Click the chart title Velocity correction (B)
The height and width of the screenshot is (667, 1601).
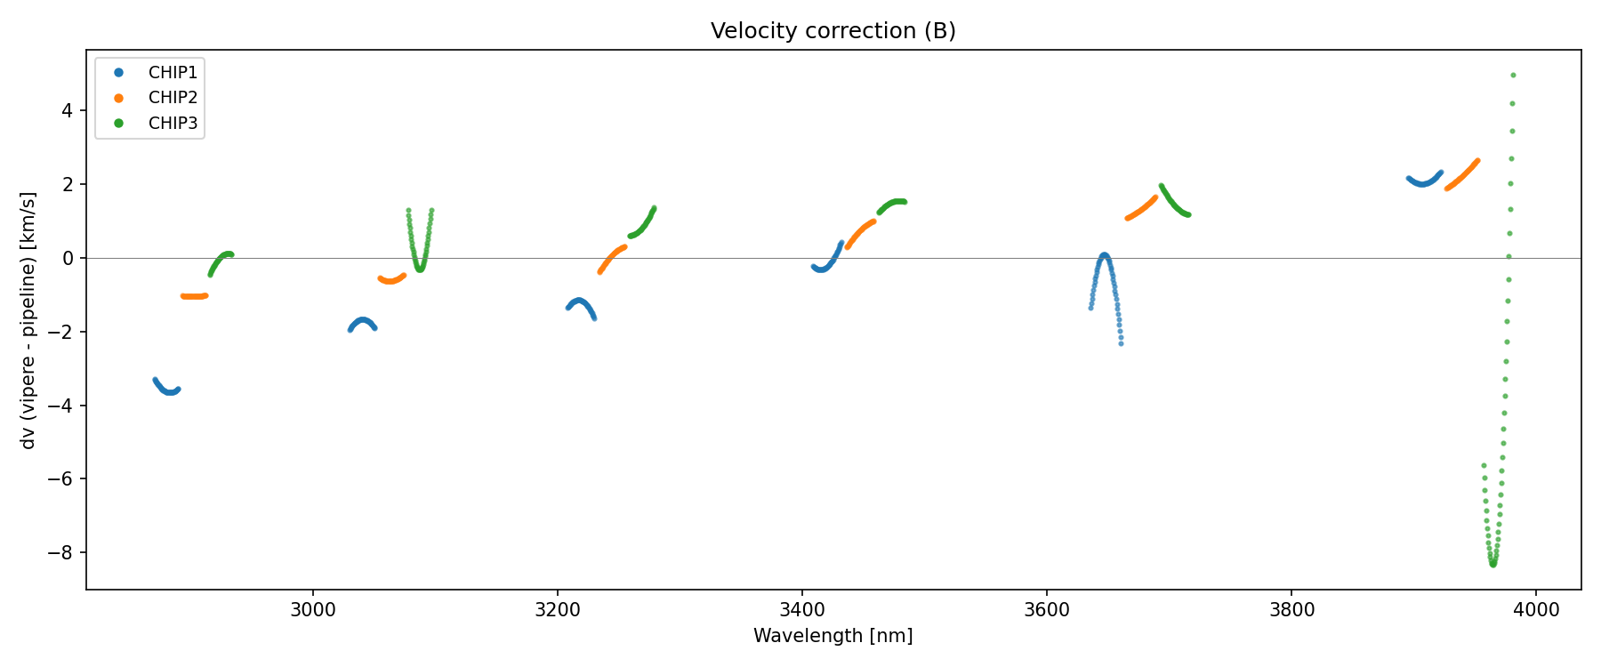[x=833, y=31]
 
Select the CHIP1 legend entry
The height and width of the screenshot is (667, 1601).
[x=173, y=73]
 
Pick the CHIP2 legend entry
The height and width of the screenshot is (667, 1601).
[x=173, y=98]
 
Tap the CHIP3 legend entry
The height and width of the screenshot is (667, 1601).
[x=173, y=124]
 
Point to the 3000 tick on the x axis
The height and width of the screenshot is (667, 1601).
[x=313, y=610]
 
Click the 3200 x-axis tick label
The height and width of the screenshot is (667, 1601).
[x=558, y=610]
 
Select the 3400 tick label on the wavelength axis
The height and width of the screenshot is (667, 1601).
[x=802, y=610]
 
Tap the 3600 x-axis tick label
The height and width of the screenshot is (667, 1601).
[x=1047, y=610]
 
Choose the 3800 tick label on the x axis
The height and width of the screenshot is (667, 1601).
[x=1291, y=610]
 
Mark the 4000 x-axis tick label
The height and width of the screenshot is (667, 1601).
[x=1536, y=610]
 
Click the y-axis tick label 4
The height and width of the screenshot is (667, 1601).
[x=68, y=110]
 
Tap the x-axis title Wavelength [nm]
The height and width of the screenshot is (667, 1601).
[x=833, y=636]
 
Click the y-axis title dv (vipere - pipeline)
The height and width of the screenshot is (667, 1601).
[x=28, y=320]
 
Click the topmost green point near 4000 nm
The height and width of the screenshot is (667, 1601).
[x=1513, y=76]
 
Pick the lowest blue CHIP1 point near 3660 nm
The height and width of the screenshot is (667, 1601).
[x=1121, y=342]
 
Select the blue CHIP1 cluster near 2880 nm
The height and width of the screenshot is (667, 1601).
[x=166, y=389]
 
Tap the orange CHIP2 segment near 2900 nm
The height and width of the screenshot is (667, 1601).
[x=194, y=296]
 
